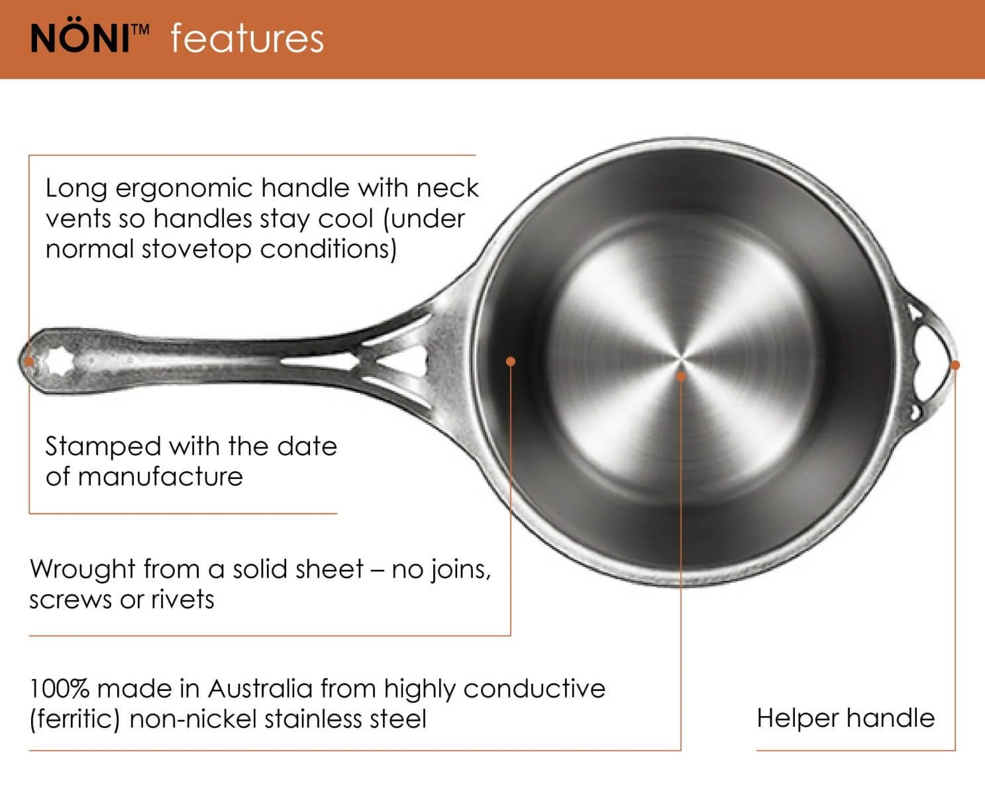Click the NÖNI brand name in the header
[80, 38]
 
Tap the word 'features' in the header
[247, 38]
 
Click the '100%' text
[59, 689]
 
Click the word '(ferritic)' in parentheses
[74, 719]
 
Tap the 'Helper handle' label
[845, 718]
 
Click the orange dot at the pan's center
[681, 376]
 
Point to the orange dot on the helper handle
[955, 365]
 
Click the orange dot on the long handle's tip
[29, 362]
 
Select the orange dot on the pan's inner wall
[511, 361]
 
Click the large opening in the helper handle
[931, 363]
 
